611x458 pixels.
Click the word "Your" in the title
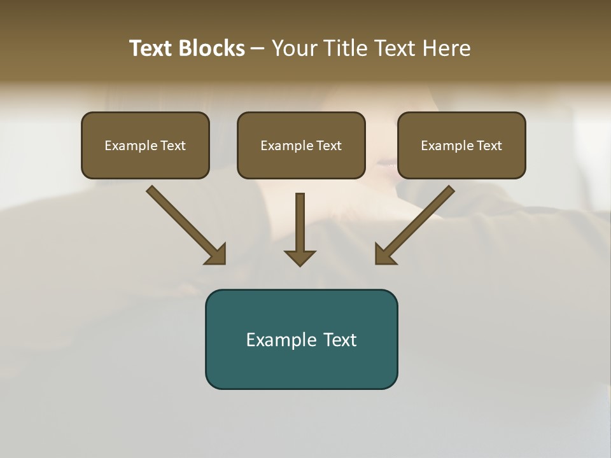(x=294, y=48)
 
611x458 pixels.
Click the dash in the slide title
(x=258, y=49)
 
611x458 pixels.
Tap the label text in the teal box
(x=301, y=340)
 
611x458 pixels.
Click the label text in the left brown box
(x=145, y=146)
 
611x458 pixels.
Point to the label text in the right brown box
(x=461, y=146)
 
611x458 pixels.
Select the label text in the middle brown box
(x=301, y=146)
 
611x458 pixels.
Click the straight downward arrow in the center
(x=300, y=223)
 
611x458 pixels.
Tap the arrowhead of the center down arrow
(x=300, y=258)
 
